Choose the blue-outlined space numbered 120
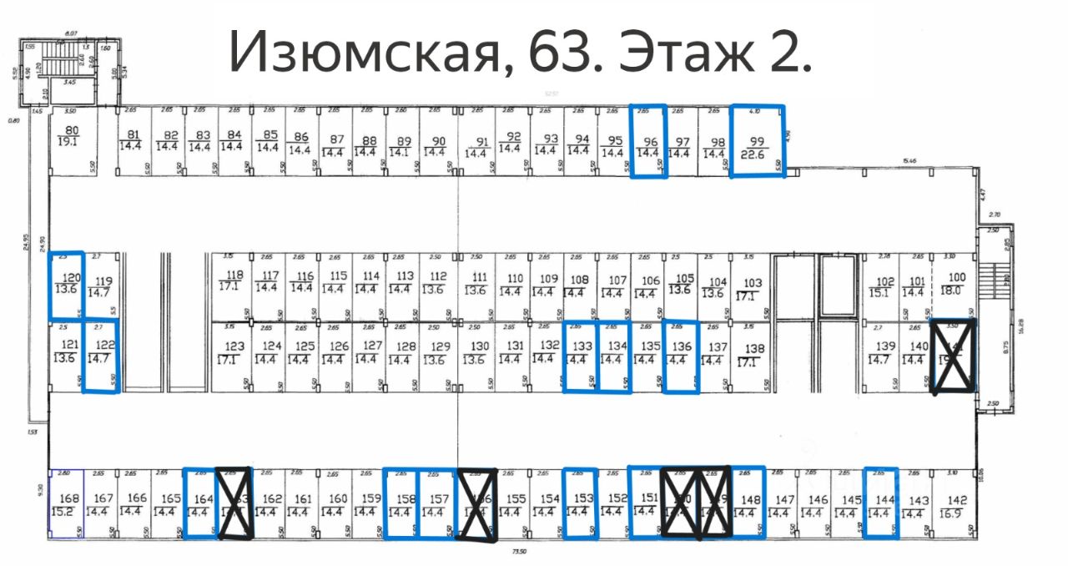[67, 285]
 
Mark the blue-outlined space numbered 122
[102, 356]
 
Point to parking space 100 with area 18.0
[955, 284]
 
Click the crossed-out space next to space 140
[952, 356]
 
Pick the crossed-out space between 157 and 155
[477, 504]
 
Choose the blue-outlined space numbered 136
[681, 356]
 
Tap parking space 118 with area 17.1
[230, 281]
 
